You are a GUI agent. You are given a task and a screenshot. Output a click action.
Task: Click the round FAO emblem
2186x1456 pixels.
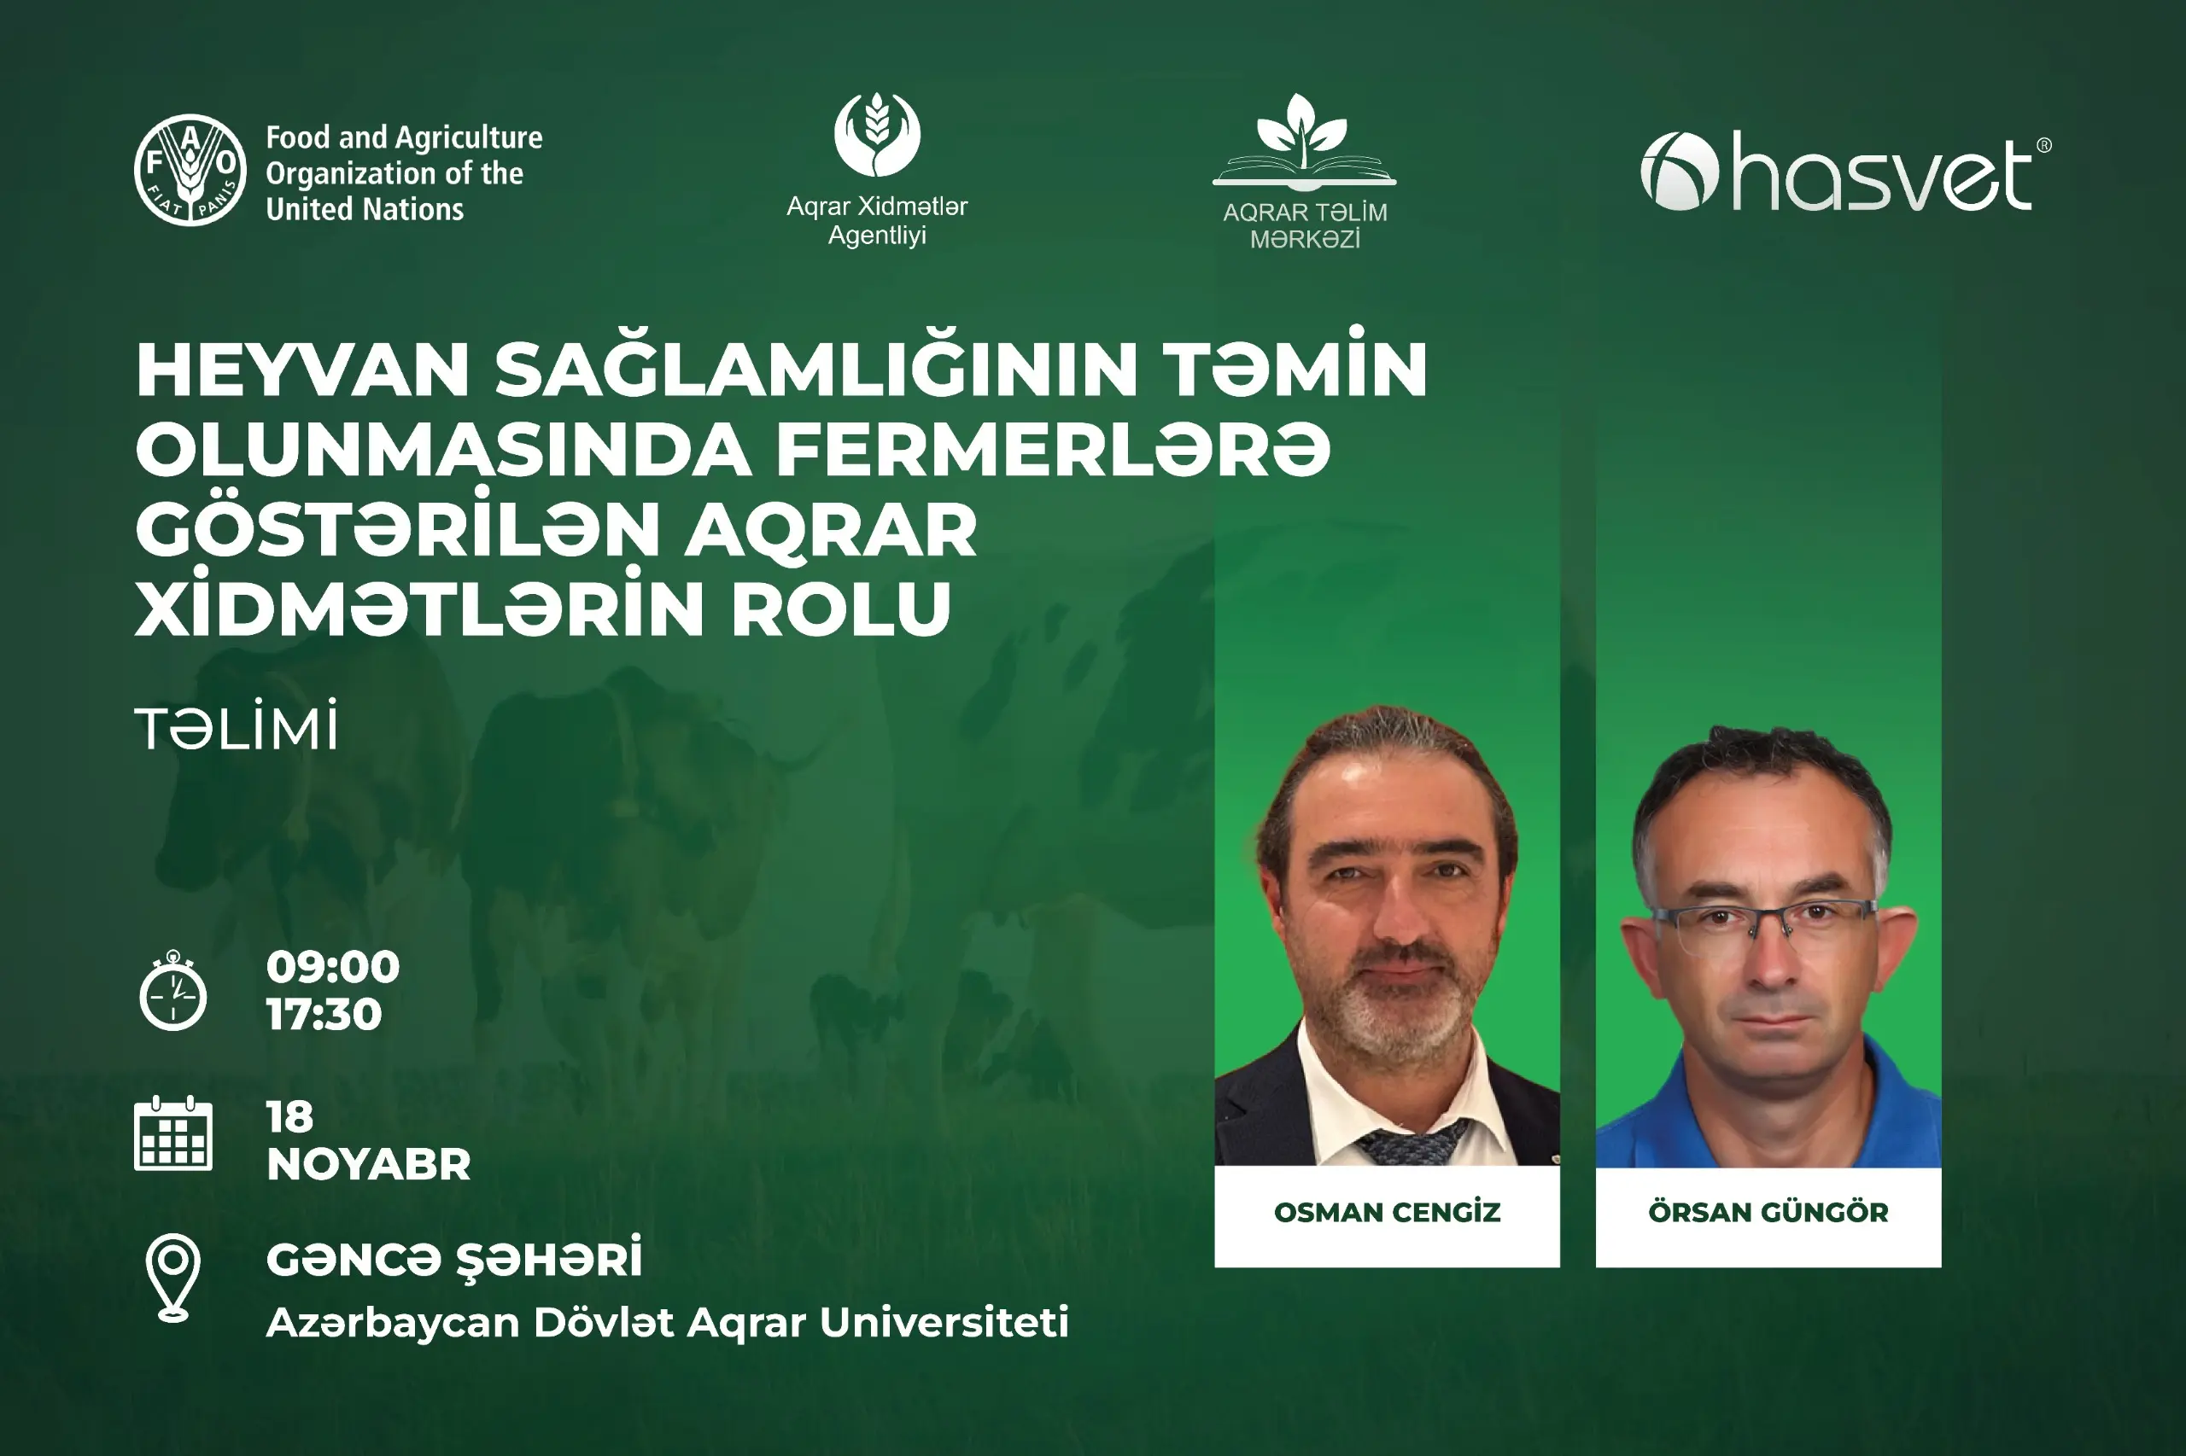190,171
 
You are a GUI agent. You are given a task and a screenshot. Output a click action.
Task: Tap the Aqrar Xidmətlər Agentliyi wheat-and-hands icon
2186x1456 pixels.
877,135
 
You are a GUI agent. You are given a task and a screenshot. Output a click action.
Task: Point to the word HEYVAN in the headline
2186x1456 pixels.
303,370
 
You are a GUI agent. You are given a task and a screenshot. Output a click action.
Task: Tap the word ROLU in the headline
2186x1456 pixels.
841,610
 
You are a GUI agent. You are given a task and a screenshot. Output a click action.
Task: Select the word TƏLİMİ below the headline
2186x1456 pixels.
237,728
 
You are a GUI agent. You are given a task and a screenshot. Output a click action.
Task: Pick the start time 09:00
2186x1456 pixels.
332,967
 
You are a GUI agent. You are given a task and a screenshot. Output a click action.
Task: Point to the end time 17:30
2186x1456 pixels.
324,1014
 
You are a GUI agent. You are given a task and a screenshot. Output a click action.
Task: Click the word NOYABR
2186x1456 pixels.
369,1164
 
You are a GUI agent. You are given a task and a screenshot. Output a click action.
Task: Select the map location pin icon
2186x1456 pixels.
172,1277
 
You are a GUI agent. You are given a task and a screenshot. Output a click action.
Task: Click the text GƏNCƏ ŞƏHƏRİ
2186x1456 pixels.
454,1259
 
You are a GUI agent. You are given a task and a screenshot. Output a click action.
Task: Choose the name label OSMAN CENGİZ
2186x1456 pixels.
1386,1213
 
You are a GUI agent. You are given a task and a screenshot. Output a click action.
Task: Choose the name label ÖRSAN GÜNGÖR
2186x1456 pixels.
1768,1213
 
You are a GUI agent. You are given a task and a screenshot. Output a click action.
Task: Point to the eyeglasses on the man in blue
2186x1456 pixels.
1765,919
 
